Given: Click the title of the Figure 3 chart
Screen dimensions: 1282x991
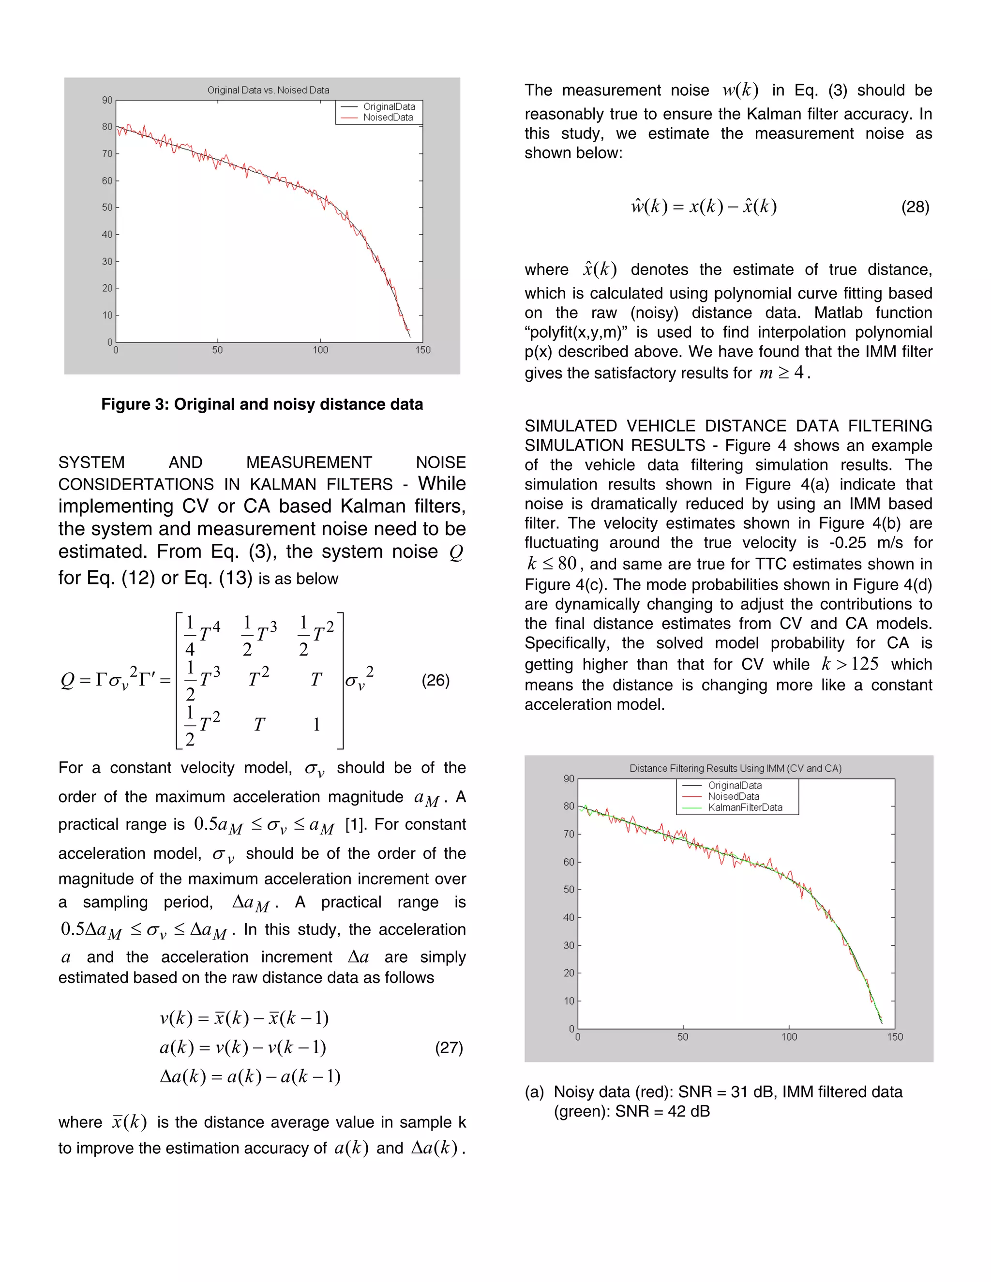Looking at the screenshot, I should pyautogui.click(x=268, y=90).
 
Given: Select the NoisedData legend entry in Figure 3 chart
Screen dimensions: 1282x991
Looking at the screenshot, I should pyautogui.click(x=388, y=118).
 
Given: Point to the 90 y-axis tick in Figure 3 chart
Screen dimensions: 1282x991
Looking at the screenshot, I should pyautogui.click(x=107, y=100).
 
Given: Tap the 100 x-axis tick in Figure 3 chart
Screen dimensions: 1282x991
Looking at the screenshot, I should pyautogui.click(x=320, y=350).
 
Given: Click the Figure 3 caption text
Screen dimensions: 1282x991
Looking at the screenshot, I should pyautogui.click(x=262, y=404).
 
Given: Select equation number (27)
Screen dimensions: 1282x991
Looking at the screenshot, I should pyautogui.click(x=449, y=1048).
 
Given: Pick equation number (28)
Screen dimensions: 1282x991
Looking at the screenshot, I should pyautogui.click(x=915, y=207).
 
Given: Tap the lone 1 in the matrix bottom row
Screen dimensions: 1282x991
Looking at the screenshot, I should pyautogui.click(x=316, y=725).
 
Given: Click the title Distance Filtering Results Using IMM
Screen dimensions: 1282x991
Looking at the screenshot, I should pyautogui.click(x=735, y=768).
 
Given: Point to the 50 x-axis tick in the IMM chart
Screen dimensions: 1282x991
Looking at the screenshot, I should pyautogui.click(x=682, y=1037).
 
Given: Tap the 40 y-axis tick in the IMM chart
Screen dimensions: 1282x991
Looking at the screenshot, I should pyautogui.click(x=568, y=917).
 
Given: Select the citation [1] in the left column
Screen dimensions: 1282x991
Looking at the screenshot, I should pyautogui.click(x=355, y=824).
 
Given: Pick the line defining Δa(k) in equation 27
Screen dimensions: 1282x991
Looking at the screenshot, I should pyautogui.click(x=250, y=1076).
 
